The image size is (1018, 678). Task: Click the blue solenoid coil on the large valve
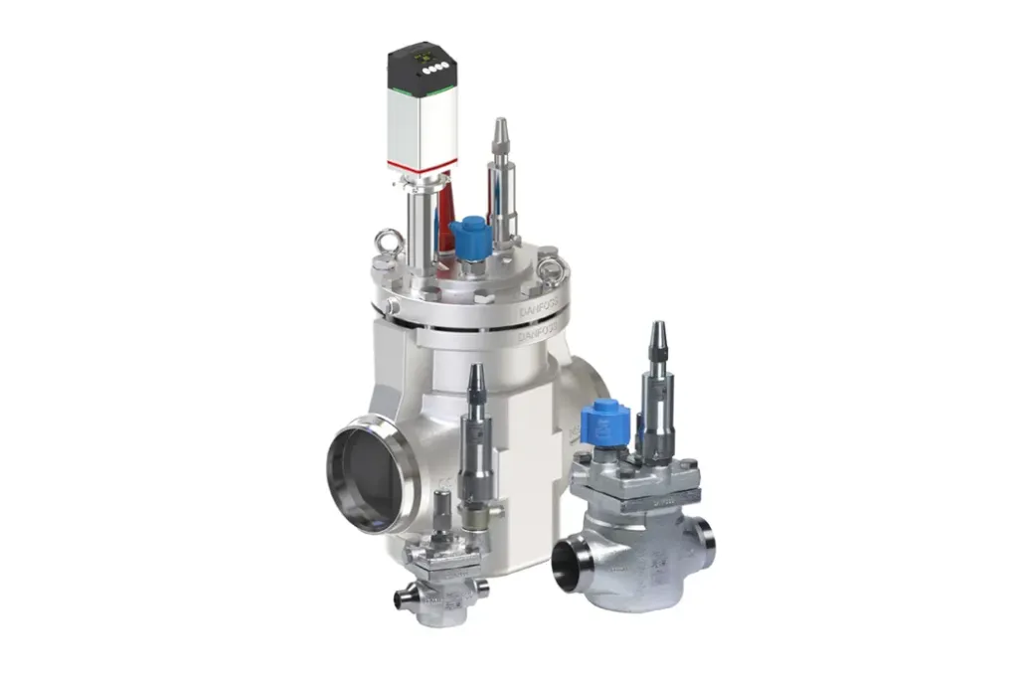466,235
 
